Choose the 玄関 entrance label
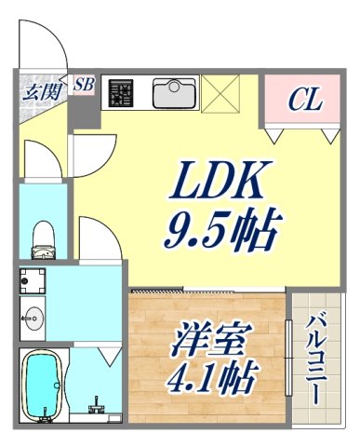coord(39,91)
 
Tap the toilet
coord(42,239)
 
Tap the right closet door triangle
coord(327,136)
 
